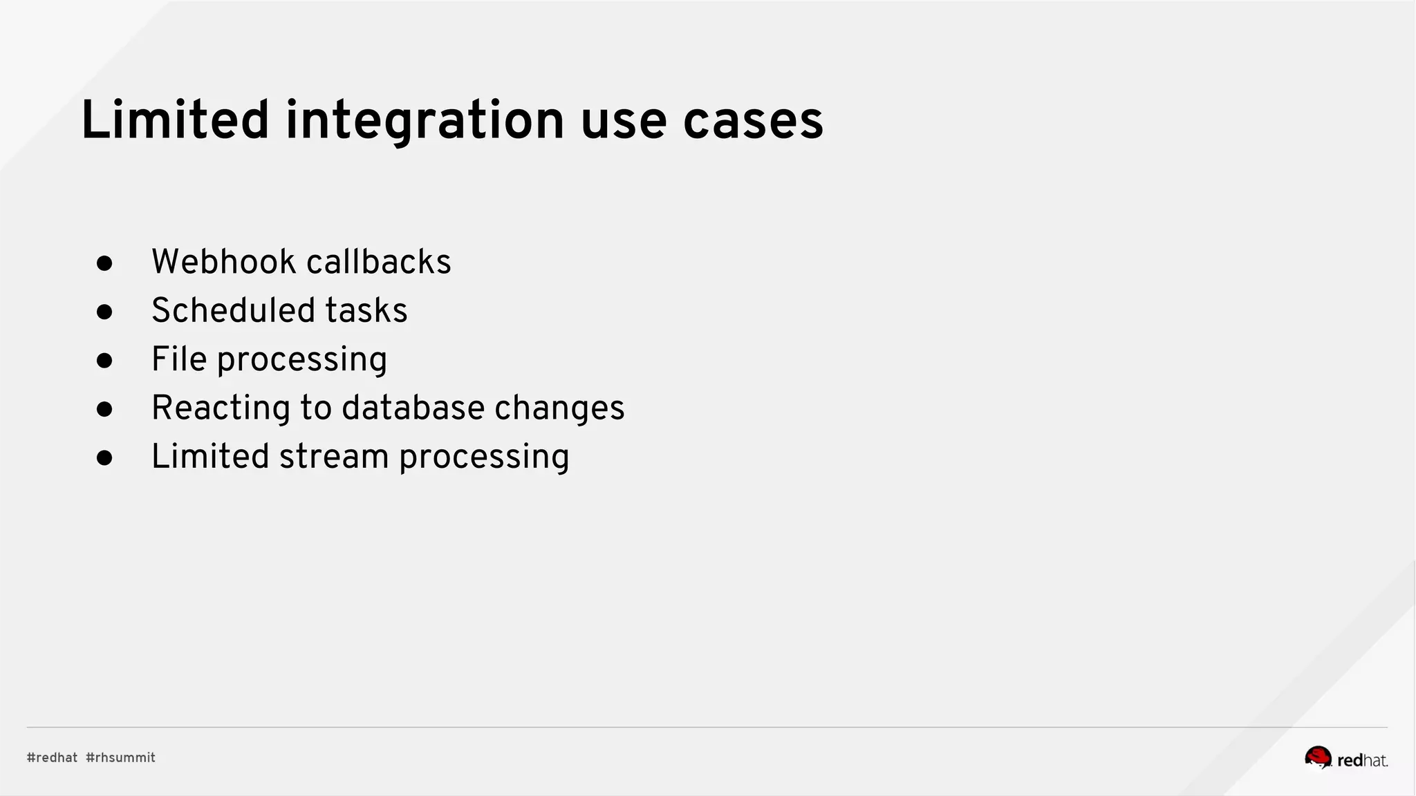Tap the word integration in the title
coord(425,122)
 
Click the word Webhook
coord(223,262)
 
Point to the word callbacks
coord(378,262)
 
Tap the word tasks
coord(366,310)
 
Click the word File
coord(178,359)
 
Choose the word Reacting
coord(221,408)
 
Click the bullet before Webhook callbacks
coord(104,263)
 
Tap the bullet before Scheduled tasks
coord(104,312)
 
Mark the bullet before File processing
coord(104,361)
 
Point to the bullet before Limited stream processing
coord(104,458)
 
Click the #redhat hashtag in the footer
coord(52,758)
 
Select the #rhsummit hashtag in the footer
coord(120,758)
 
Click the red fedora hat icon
coord(1318,757)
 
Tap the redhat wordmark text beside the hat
coord(1362,761)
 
